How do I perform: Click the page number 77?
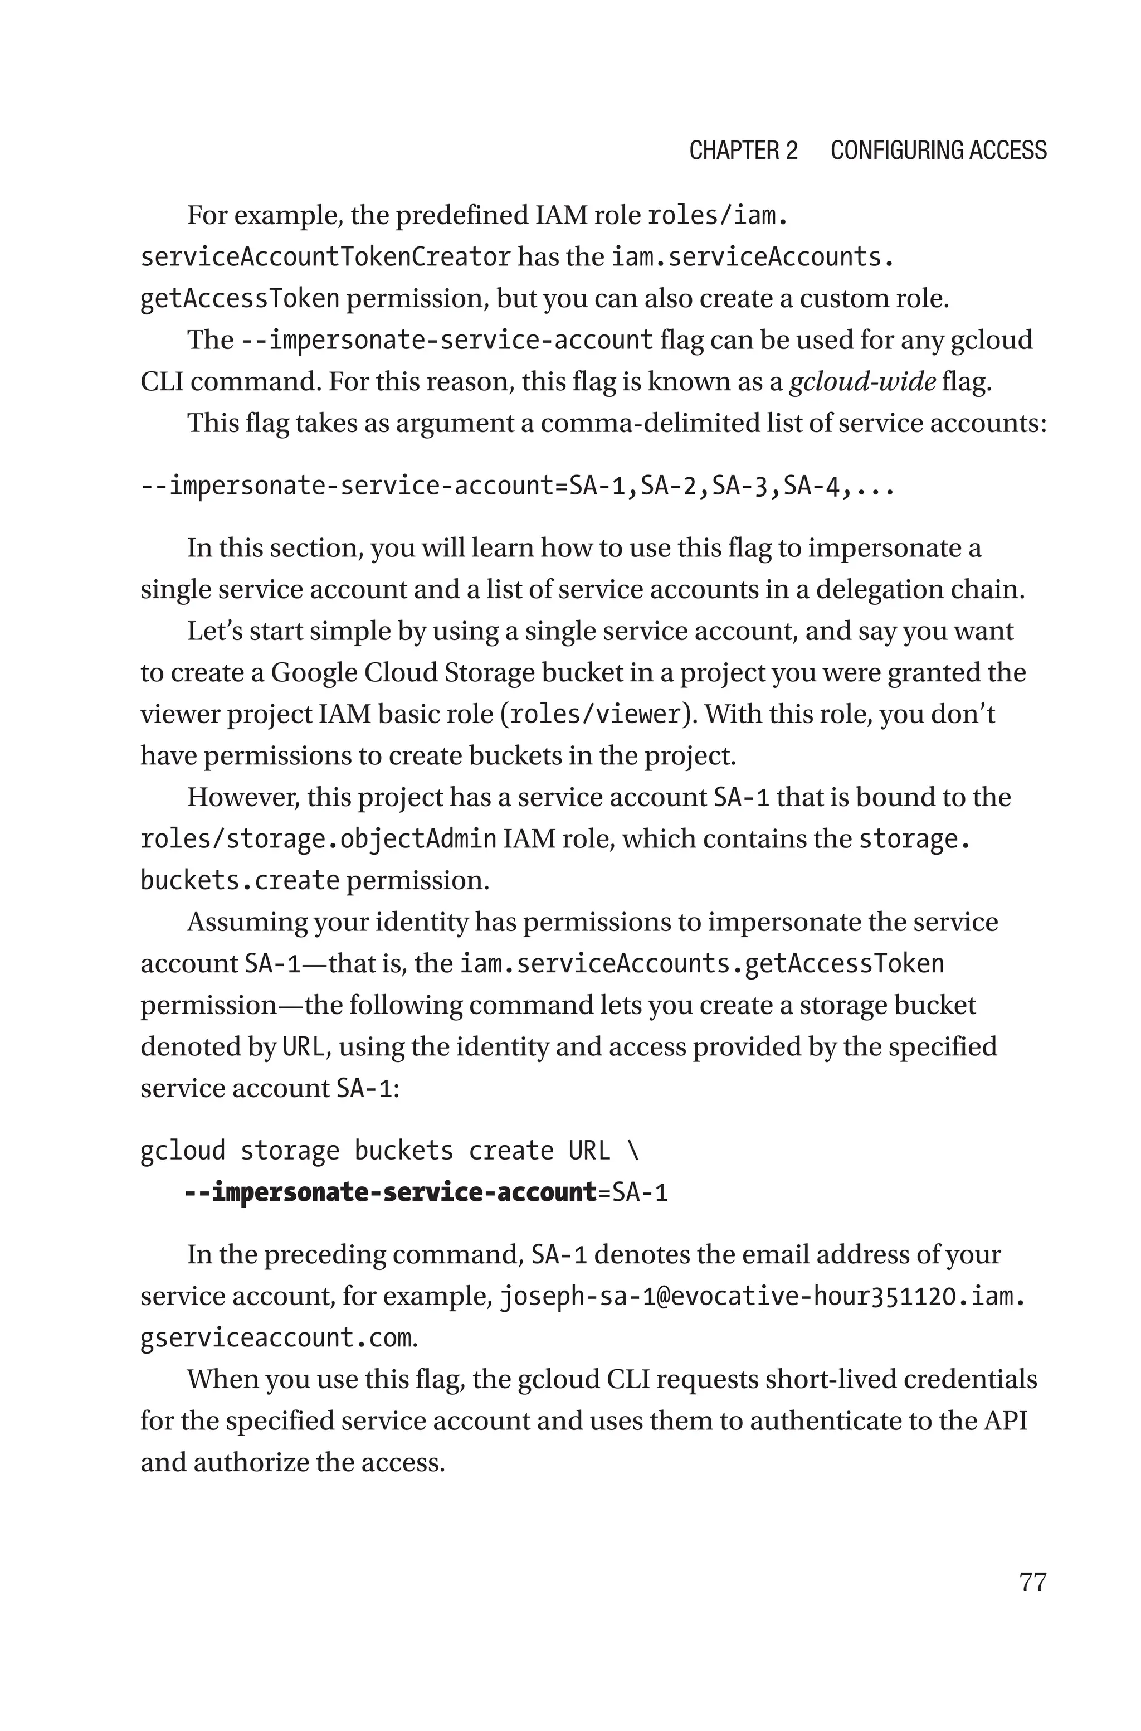[x=1032, y=1582]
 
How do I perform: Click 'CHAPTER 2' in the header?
[x=743, y=151]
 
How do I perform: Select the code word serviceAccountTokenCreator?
[x=325, y=257]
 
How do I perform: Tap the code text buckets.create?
[x=240, y=881]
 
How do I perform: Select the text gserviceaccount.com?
[x=276, y=1338]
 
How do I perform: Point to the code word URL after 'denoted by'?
[x=303, y=1048]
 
